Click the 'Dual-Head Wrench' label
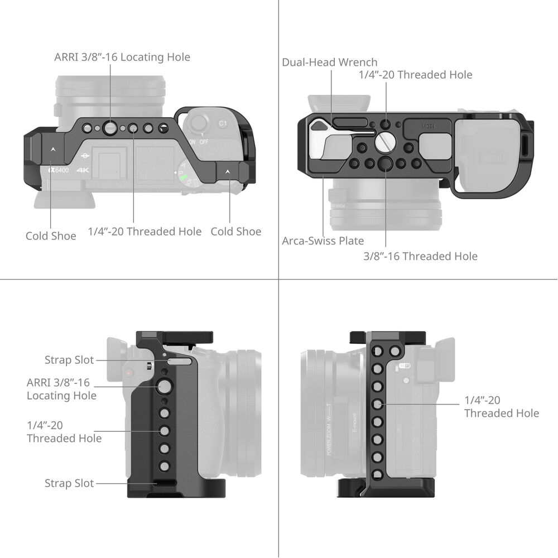coord(330,62)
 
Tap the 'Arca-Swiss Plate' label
coord(323,241)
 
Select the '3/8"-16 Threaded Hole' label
coord(420,256)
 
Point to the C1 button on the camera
coord(223,123)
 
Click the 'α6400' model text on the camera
coord(59,170)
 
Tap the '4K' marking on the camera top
coord(83,170)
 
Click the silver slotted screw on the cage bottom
coord(386,141)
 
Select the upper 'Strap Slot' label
coord(69,360)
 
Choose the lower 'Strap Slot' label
coord(69,483)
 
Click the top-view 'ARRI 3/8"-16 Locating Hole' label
coord(122,57)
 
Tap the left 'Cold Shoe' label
coord(51,236)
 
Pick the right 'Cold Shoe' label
coord(236,232)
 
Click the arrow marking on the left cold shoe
coord(52,150)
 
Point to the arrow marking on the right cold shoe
coord(228,171)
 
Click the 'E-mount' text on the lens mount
coord(354,423)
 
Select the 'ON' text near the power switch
coord(192,142)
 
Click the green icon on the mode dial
coord(183,176)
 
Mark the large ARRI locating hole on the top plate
coord(110,128)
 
